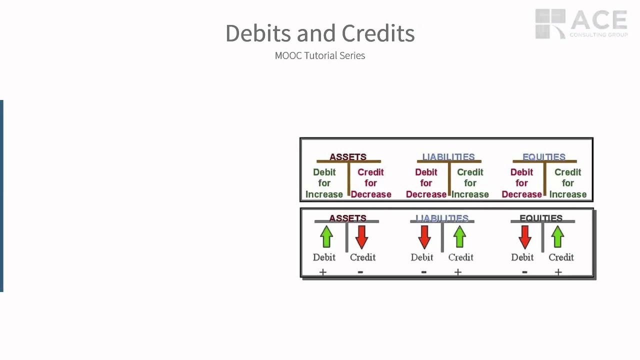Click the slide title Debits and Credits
[x=320, y=33]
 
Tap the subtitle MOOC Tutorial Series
[x=320, y=55]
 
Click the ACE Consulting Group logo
[x=581, y=23]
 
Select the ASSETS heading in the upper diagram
[x=348, y=157]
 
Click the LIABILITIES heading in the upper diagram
[x=448, y=157]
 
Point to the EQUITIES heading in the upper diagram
[x=544, y=157]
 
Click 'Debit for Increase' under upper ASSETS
[x=324, y=183]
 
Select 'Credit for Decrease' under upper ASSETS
[x=371, y=183]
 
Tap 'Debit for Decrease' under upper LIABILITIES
[x=426, y=183]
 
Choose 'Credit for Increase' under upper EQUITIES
[x=568, y=183]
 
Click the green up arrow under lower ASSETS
[x=326, y=236]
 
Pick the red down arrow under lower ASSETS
[x=361, y=236]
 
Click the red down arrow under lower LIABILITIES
[x=424, y=236]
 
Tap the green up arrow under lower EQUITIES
[x=558, y=236]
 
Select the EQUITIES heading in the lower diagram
[x=541, y=218]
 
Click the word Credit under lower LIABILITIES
[x=460, y=257]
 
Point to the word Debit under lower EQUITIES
[x=522, y=257]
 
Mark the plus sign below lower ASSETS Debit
[x=323, y=272]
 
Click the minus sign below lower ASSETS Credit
[x=360, y=272]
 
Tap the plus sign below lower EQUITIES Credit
[x=558, y=272]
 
